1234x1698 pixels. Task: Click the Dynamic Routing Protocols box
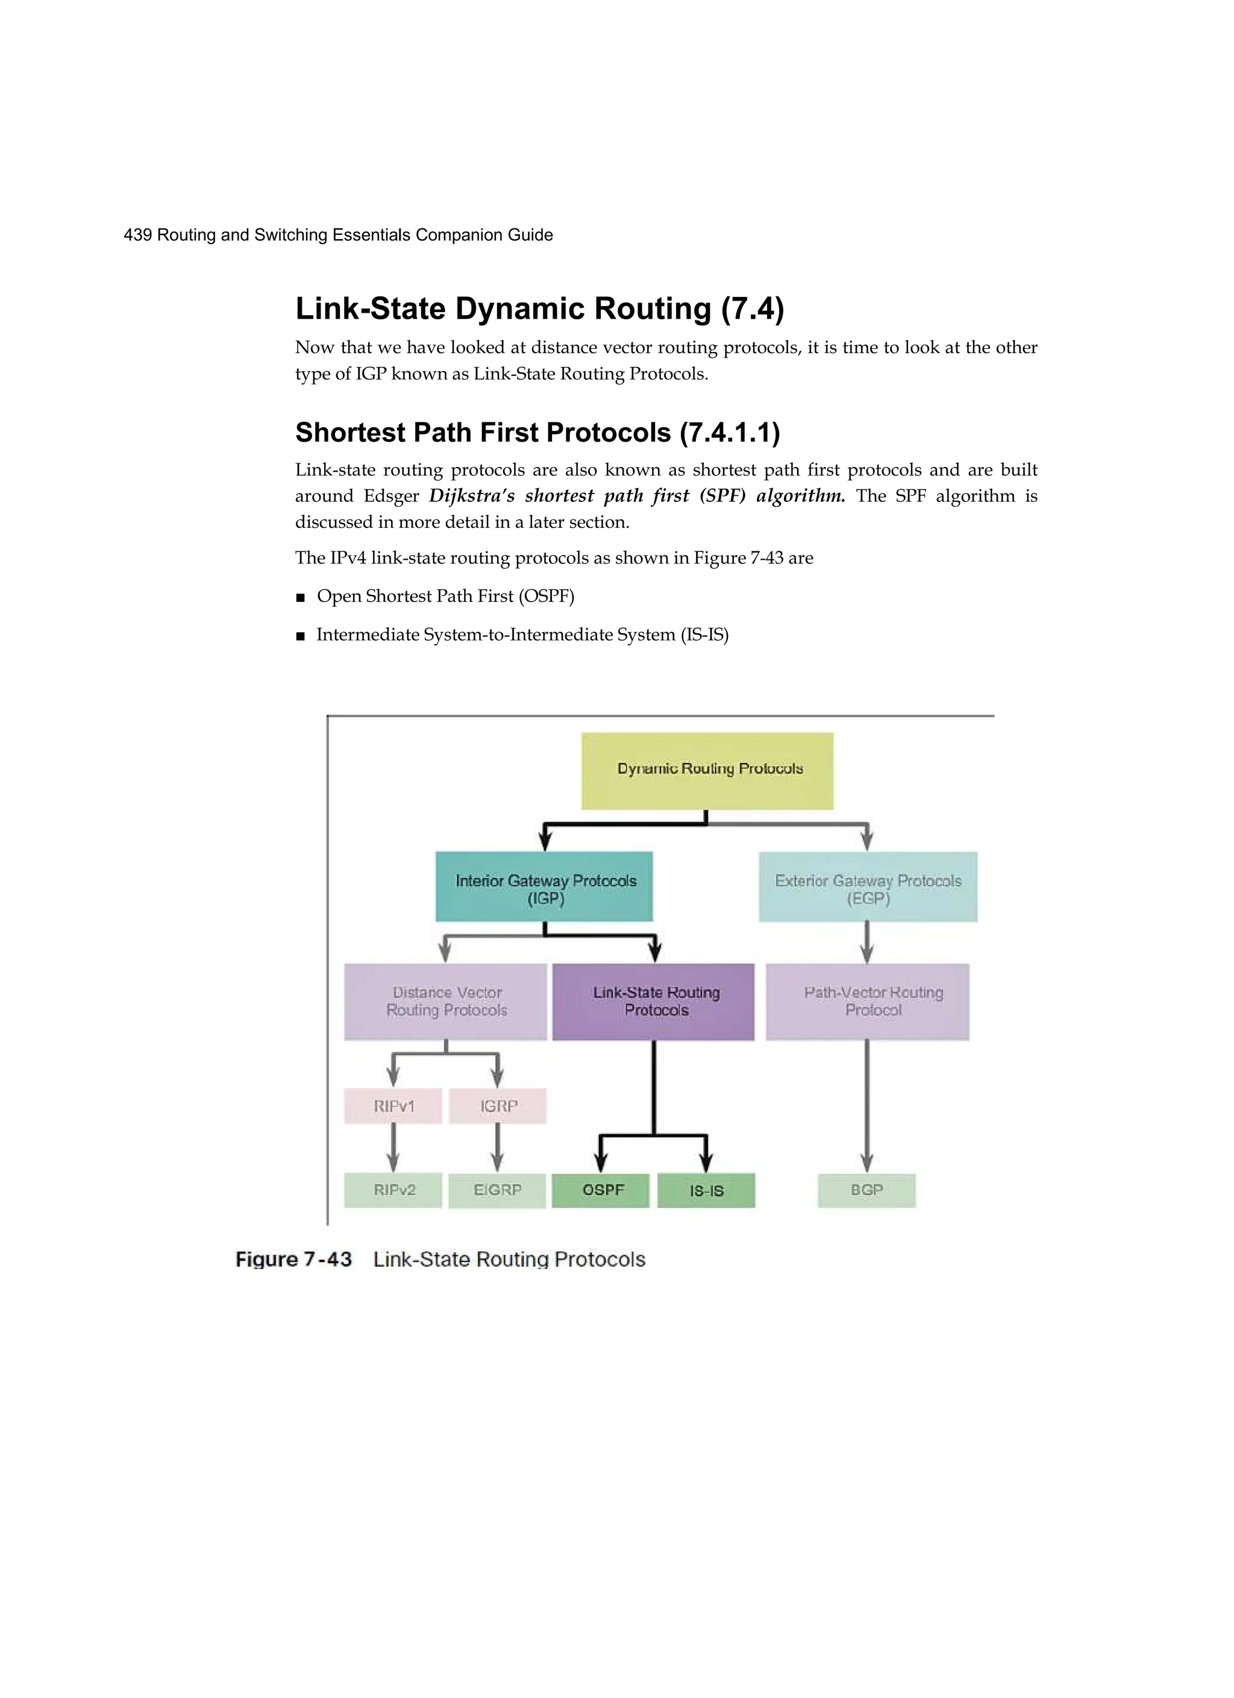pyautogui.click(x=707, y=771)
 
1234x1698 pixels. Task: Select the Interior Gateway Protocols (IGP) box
pyautogui.click(x=544, y=886)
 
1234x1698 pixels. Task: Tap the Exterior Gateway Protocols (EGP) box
pyautogui.click(x=868, y=886)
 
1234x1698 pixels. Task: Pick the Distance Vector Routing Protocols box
pyautogui.click(x=445, y=1001)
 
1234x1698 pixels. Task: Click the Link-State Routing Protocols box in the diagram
pyautogui.click(x=653, y=1001)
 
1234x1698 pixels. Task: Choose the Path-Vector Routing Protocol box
pyautogui.click(x=867, y=1001)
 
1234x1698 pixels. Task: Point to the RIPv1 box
pyautogui.click(x=393, y=1106)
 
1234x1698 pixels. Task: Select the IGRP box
pyautogui.click(x=498, y=1106)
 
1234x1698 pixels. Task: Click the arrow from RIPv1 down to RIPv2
pyautogui.click(x=393, y=1148)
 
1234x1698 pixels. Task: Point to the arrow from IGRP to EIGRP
pyautogui.click(x=498, y=1148)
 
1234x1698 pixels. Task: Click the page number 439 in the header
pyautogui.click(x=138, y=235)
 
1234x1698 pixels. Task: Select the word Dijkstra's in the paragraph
pyautogui.click(x=472, y=496)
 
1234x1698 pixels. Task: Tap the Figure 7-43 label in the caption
pyautogui.click(x=293, y=1259)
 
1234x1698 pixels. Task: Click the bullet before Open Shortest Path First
pyautogui.click(x=300, y=598)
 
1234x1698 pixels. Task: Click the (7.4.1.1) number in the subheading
pyautogui.click(x=729, y=433)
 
